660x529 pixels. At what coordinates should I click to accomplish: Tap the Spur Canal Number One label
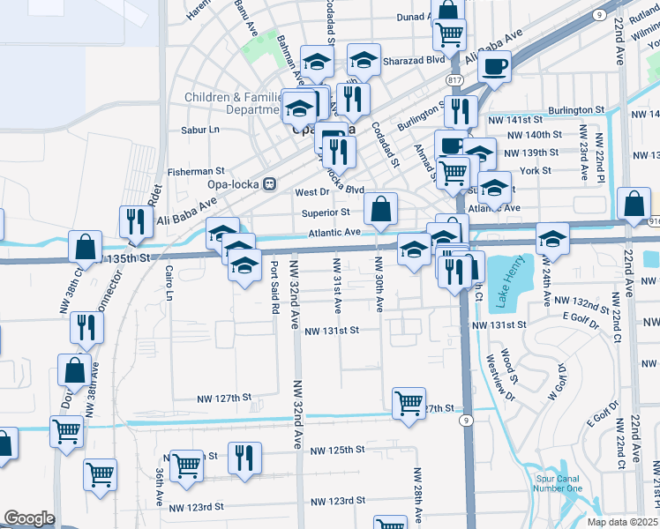click(559, 483)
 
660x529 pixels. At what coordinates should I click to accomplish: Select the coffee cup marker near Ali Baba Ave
click(496, 64)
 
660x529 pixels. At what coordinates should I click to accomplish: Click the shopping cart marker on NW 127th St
click(409, 403)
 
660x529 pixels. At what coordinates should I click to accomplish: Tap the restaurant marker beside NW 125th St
click(244, 458)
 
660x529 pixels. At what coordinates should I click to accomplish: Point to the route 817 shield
click(455, 80)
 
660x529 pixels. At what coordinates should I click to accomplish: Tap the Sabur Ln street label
click(199, 129)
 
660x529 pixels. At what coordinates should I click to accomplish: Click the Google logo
click(30, 518)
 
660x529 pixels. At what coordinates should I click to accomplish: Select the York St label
click(535, 170)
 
